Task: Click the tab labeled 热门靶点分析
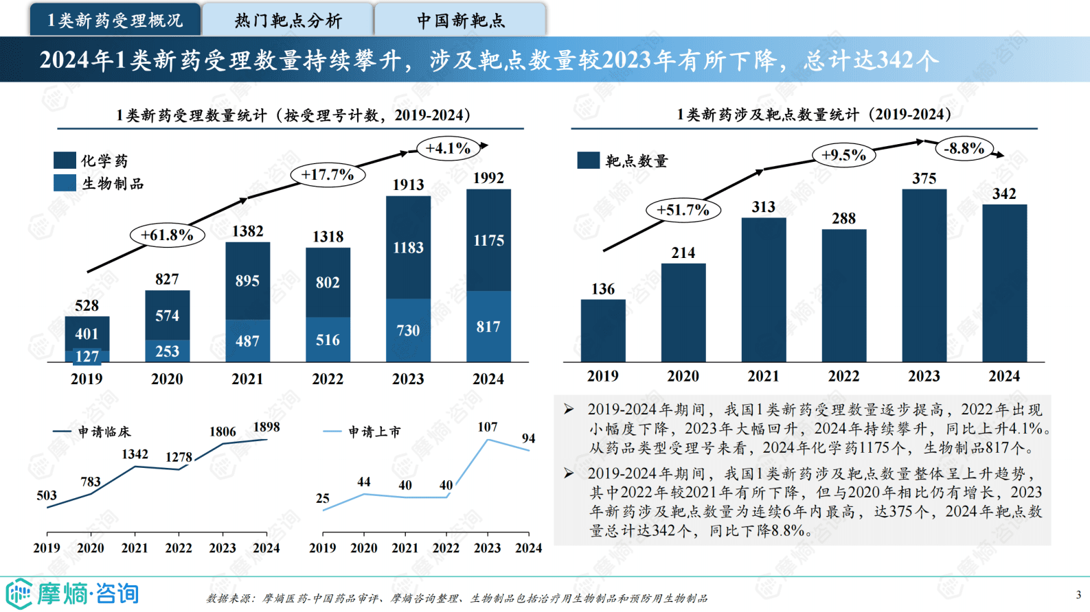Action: (288, 20)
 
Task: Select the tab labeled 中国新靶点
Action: (460, 20)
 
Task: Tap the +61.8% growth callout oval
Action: (167, 235)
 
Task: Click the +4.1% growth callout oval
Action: (448, 148)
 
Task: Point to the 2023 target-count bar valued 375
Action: (924, 274)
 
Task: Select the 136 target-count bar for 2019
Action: (603, 330)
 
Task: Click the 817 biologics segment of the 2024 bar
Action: (488, 327)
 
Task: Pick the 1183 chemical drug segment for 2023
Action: (408, 248)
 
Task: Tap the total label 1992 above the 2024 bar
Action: (488, 178)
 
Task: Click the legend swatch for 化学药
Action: (65, 161)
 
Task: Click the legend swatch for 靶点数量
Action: (589, 161)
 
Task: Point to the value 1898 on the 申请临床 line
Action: (266, 427)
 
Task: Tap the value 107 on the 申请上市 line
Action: (487, 427)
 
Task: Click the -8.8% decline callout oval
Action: (964, 148)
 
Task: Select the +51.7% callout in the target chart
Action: (683, 210)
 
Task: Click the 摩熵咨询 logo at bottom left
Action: (72, 593)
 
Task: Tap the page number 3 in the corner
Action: (1078, 595)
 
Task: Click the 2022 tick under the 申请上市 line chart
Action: (446, 548)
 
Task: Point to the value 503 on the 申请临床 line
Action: (47, 495)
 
